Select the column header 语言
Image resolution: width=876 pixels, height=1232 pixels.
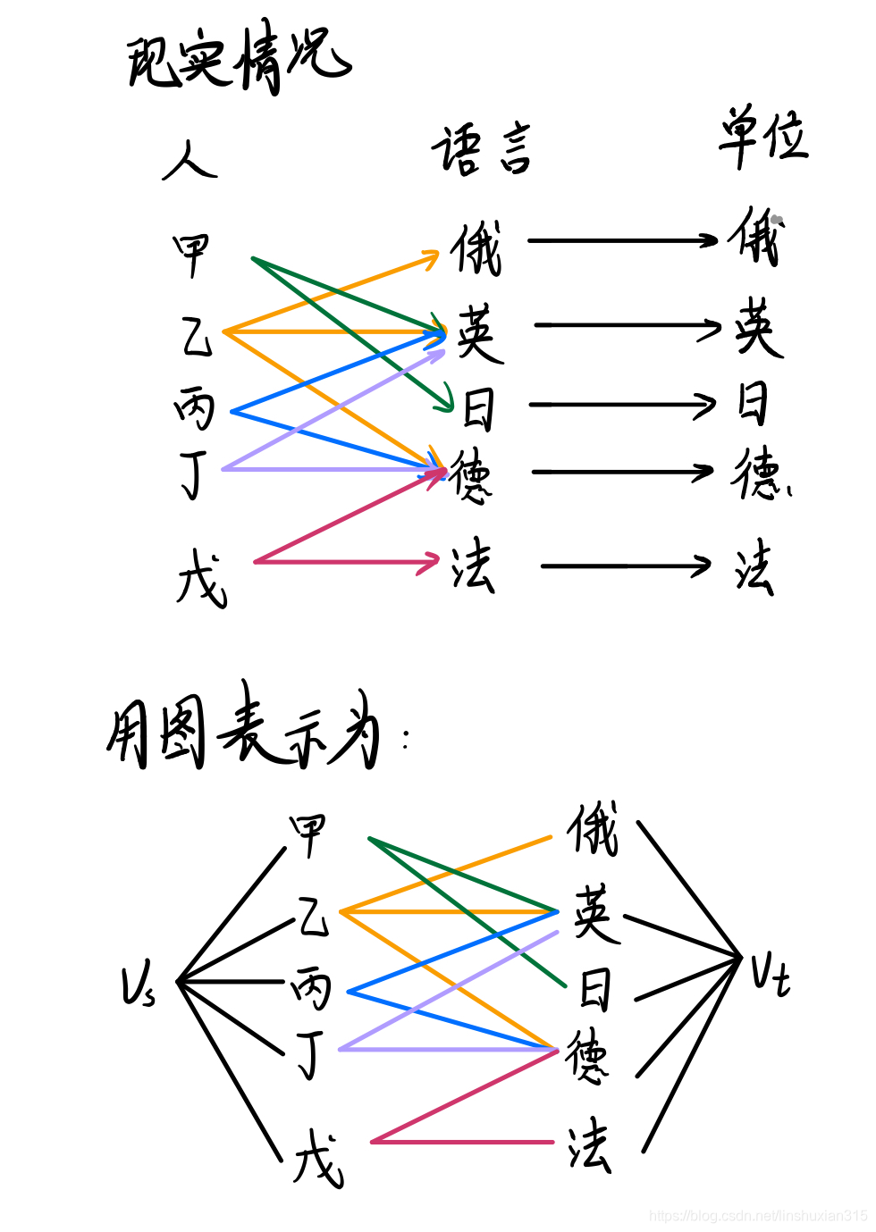point(482,149)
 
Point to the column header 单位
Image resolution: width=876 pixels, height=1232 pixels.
point(762,137)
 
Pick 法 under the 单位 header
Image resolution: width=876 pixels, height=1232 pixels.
point(754,567)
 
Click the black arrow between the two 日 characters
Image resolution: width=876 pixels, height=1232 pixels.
point(622,405)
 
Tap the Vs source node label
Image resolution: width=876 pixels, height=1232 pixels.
point(139,985)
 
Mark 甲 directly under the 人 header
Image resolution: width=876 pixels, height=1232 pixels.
point(191,254)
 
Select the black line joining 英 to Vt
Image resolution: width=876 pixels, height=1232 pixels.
point(681,936)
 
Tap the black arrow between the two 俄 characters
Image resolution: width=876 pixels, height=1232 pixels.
point(622,240)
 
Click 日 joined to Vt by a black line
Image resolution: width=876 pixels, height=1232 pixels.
point(595,990)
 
